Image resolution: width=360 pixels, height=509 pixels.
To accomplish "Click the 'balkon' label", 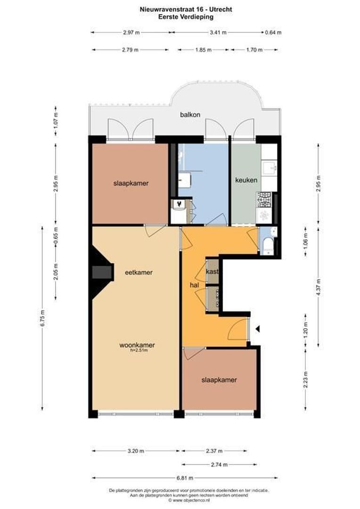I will (190, 115).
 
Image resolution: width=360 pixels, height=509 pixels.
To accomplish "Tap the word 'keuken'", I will (246, 180).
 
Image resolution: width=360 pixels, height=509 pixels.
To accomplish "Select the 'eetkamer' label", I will (139, 272).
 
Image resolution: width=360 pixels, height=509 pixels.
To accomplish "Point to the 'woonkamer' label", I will (137, 345).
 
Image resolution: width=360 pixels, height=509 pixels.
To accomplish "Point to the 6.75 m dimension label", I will (43, 319).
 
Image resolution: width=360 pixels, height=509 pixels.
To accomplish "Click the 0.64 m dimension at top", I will (273, 33).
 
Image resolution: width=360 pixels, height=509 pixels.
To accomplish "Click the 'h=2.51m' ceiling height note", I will (139, 350).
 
